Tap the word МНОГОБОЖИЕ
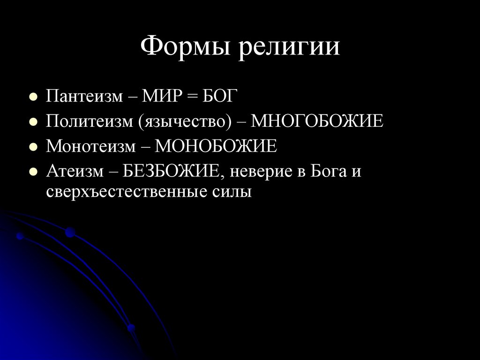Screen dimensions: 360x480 coord(317,122)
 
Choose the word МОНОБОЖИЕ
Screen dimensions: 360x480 coord(216,146)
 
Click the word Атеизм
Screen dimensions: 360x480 coord(75,171)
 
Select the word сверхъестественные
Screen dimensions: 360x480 coord(124,192)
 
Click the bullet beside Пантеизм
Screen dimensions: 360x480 coord(33,98)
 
